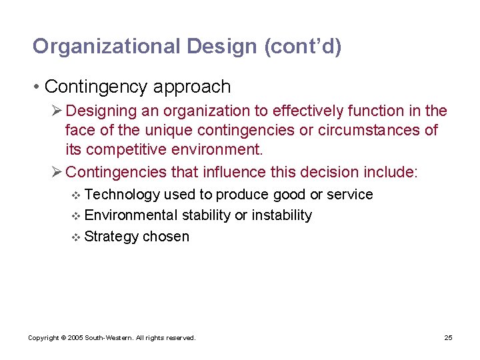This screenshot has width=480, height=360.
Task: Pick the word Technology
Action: tap(123, 195)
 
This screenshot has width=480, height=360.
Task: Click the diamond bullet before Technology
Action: tap(75, 195)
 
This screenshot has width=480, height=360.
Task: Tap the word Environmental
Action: tap(131, 215)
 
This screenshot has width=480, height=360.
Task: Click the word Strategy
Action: tap(111, 237)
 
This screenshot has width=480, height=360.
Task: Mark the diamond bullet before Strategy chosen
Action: tap(75, 237)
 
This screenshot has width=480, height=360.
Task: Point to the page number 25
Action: tap(448, 338)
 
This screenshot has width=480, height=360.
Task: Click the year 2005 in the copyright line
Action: tap(75, 338)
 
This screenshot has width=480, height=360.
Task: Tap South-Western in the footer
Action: tap(109, 338)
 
